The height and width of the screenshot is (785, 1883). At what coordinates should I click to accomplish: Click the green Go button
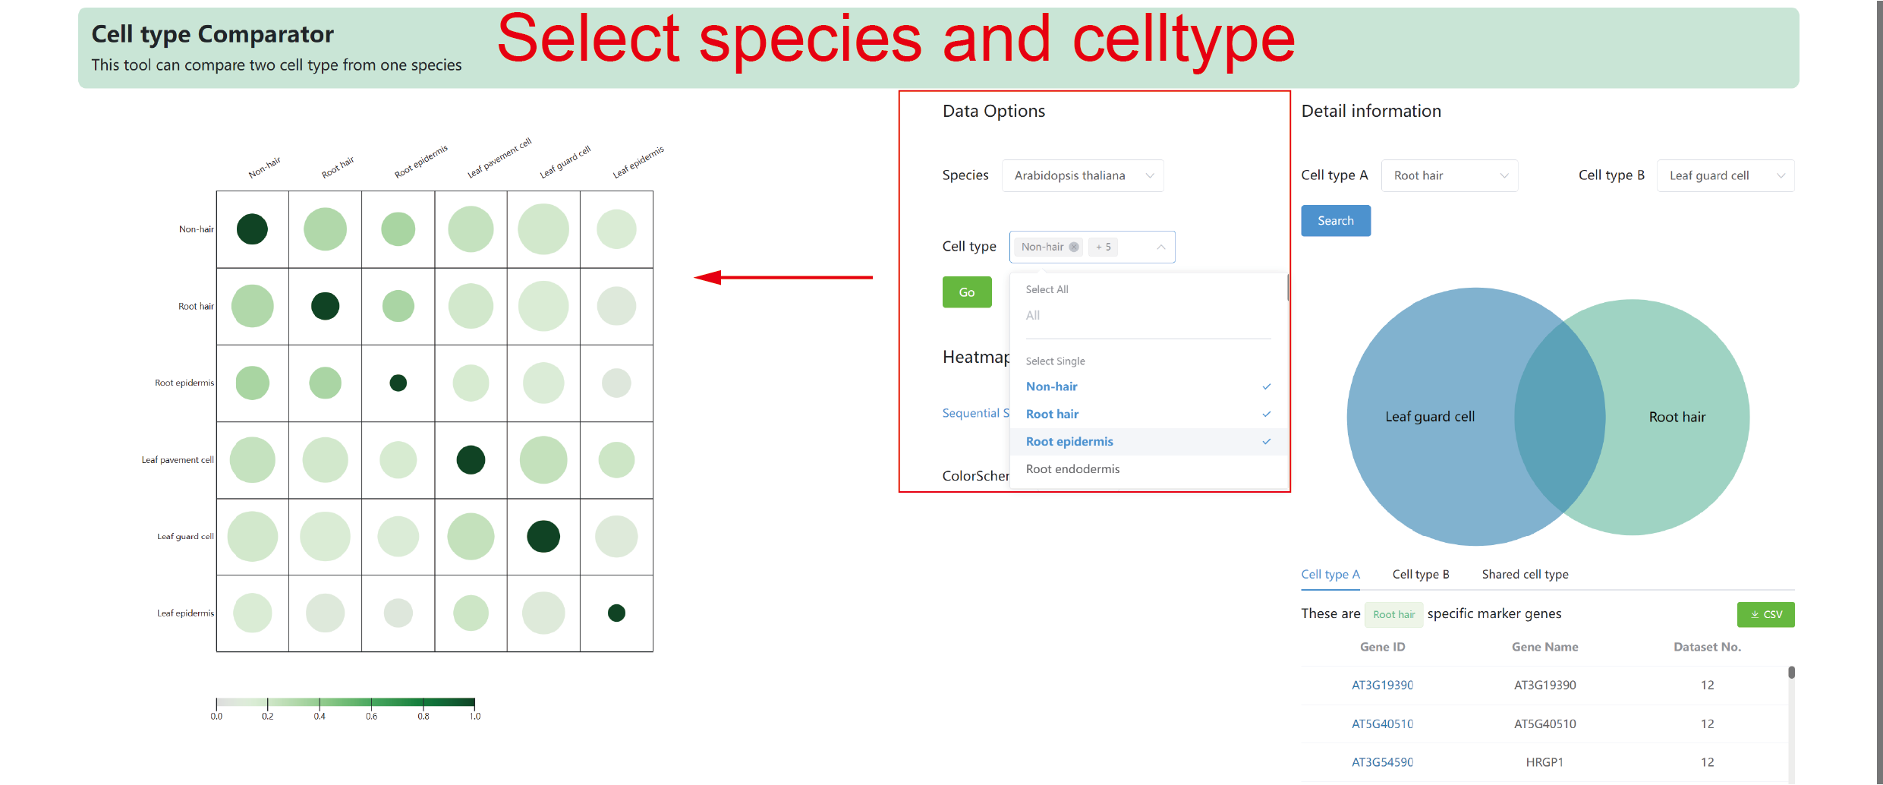pos(966,292)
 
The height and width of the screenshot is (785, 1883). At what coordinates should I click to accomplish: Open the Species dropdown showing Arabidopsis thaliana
pos(1082,175)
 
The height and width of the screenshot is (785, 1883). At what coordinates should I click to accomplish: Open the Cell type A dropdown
pos(1449,175)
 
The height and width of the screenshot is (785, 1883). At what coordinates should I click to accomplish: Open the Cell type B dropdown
pos(1725,175)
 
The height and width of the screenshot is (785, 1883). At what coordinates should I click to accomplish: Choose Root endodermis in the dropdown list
pos(1072,469)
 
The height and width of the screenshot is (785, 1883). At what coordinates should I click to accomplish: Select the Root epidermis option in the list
pos(1069,442)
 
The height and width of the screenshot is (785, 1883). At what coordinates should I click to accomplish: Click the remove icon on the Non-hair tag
pos(1074,247)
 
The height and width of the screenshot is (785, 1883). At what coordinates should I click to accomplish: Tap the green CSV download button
pos(1765,614)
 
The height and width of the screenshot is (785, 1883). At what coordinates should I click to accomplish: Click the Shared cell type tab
pos(1525,575)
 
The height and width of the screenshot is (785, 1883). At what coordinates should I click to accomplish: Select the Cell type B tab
pos(1421,575)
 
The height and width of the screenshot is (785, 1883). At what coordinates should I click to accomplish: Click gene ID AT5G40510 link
pos(1382,724)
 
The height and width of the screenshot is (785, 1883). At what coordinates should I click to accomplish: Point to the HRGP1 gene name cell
pos(1545,762)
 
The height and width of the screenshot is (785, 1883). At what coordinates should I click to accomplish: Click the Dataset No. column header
pos(1707,647)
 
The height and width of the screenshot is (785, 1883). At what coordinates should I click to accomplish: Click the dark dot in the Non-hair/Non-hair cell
pos(252,229)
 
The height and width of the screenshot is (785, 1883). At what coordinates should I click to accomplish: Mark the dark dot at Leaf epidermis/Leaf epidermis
pos(616,613)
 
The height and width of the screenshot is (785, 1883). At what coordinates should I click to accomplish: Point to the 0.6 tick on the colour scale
pos(371,705)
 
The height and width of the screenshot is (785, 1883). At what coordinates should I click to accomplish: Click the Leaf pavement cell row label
pos(178,460)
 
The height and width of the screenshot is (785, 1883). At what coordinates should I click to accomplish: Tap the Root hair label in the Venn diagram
pos(1677,417)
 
